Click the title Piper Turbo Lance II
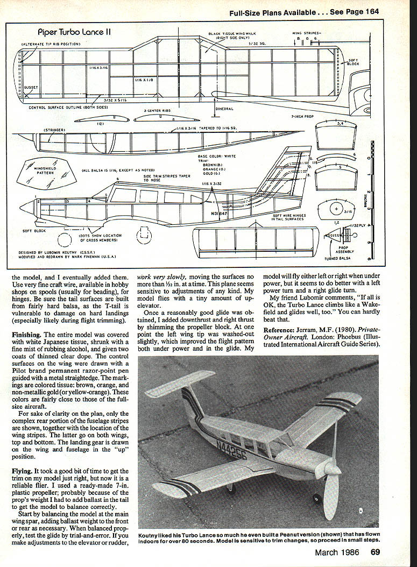(x=74, y=32)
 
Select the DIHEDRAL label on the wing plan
(x=224, y=109)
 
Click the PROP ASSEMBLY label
(x=345, y=249)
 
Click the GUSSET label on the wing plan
(x=31, y=86)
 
